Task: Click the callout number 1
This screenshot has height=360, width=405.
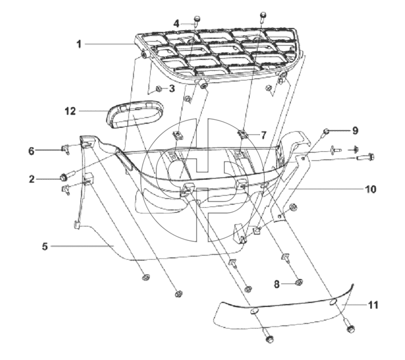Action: tap(79, 44)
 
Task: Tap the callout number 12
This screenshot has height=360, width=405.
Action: tap(70, 111)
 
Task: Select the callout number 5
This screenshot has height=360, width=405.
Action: tap(45, 246)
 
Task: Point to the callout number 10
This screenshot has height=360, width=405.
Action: tap(371, 189)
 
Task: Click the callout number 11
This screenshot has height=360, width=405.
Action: tap(373, 305)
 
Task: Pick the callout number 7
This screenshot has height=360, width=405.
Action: tap(263, 135)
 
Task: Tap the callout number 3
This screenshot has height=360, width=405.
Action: tap(172, 88)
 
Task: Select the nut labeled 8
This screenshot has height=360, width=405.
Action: tap(299, 282)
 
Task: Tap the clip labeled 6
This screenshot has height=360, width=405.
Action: tap(65, 149)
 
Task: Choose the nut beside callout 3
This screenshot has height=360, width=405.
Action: tap(159, 89)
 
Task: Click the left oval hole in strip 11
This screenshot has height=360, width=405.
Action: tap(254, 311)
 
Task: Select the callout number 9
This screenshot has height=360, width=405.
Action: tap(355, 131)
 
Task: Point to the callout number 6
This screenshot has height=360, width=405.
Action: tap(31, 151)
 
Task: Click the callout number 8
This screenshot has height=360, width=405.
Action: tap(277, 284)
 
